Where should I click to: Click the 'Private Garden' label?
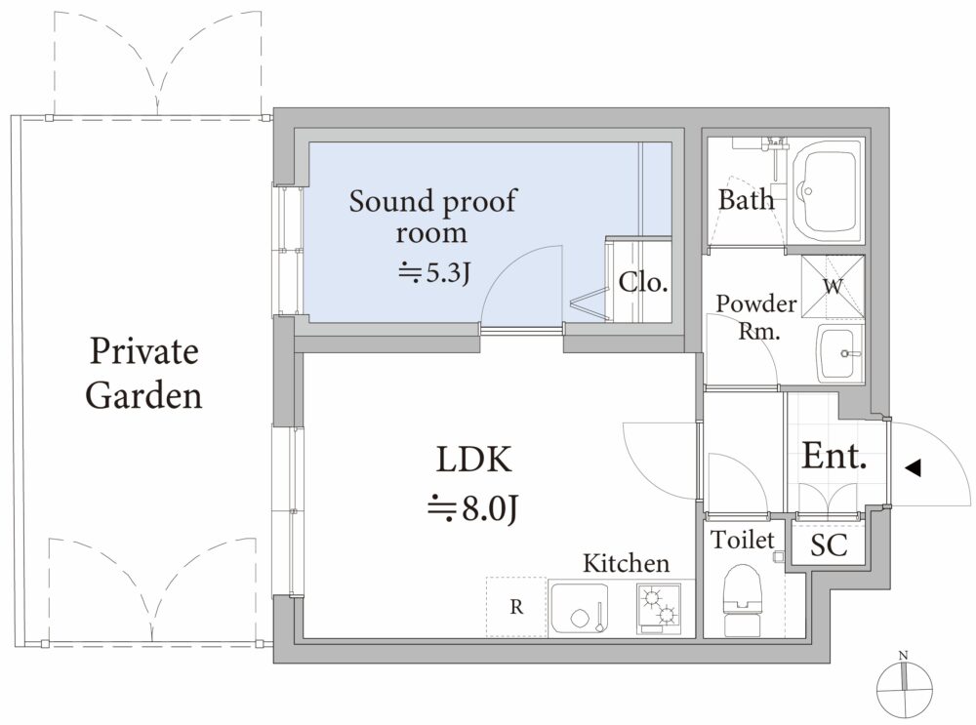coord(143,373)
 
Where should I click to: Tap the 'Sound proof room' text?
coord(432,216)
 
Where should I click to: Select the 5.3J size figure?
coord(434,272)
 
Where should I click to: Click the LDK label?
coord(473,460)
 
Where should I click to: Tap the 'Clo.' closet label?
coord(643,283)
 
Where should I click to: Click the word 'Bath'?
coord(746,200)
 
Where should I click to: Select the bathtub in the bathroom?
coord(826,191)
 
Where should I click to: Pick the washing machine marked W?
coord(833,286)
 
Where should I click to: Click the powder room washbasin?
coord(839,353)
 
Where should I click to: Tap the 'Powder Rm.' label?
coord(756,317)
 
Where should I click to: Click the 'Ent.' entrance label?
coord(834,456)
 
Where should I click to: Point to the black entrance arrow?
coord(914,468)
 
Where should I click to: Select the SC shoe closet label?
coord(829,545)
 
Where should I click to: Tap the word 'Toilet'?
coord(743,540)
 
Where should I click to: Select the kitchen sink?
coord(581,609)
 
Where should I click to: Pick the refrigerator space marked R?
coord(516,607)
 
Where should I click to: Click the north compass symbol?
coord(905,685)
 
